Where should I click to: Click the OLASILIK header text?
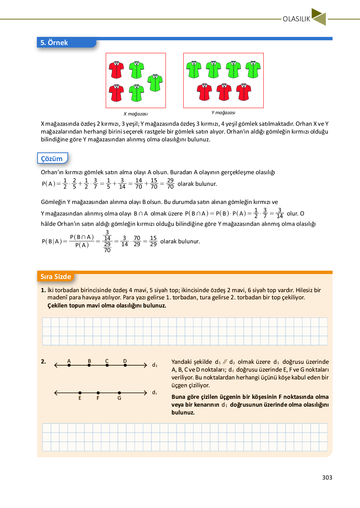(296, 19)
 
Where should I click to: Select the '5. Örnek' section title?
(54, 43)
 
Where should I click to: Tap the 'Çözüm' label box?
(52, 159)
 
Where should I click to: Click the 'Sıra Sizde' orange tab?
(56, 277)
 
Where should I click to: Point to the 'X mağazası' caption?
(136, 114)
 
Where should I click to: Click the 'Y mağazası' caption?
(223, 113)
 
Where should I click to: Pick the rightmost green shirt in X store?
(155, 83)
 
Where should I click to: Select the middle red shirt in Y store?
(224, 92)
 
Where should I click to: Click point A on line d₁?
(69, 365)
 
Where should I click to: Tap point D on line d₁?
(125, 365)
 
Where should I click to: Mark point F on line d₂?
(98, 393)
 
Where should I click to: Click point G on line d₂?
(119, 393)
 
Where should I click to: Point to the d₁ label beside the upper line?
(155, 365)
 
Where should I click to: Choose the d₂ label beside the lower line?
(155, 393)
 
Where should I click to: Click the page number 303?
(327, 477)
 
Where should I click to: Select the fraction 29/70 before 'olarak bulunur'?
(170, 184)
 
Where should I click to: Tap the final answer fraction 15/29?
(153, 241)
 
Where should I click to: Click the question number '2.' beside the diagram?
(43, 362)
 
